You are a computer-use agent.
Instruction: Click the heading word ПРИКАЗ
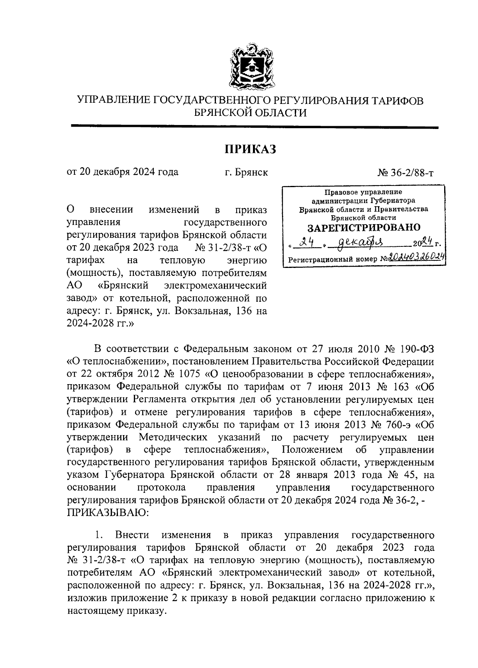point(251,149)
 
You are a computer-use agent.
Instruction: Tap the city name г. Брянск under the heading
point(246,172)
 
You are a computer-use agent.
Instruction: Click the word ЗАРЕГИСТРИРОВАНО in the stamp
point(364,227)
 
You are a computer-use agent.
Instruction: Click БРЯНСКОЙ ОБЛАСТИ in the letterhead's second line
point(251,113)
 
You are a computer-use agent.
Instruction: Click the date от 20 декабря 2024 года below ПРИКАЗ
point(122,172)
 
